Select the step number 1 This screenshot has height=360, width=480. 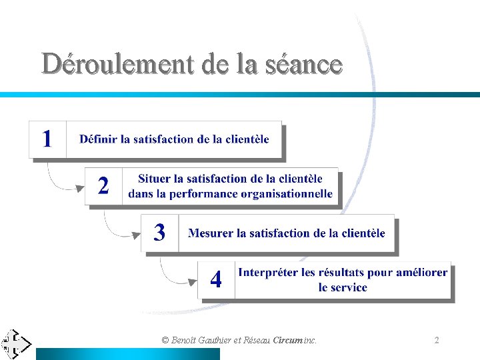click(47, 139)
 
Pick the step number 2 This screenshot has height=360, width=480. click(103, 185)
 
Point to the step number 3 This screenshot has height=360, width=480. click(159, 232)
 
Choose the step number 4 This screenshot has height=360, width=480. click(216, 279)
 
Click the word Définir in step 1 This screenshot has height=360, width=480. click(97, 139)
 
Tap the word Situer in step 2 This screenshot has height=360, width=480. click(154, 179)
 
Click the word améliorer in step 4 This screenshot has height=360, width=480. click(421, 273)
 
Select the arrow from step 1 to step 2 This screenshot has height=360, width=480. click(61, 179)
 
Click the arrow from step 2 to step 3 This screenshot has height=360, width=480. click(117, 225)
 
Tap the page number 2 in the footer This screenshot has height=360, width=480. click(437, 340)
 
